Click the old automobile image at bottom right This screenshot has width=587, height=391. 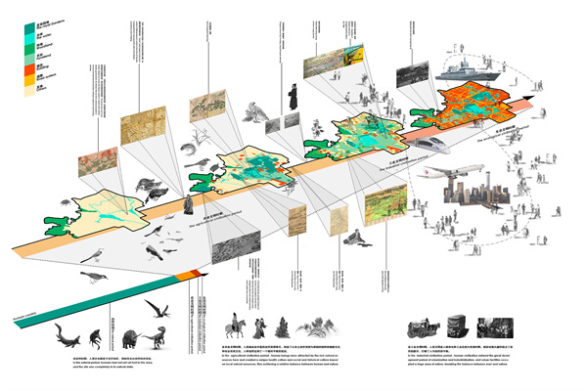pos(414,327)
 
